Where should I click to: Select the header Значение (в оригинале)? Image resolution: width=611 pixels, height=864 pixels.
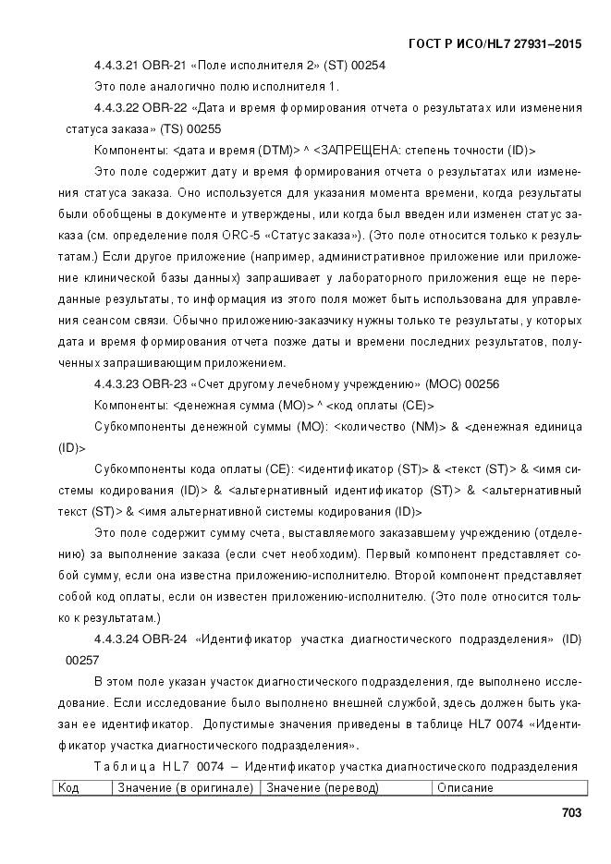pyautogui.click(x=185, y=787)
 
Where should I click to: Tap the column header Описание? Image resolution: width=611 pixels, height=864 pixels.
pyautogui.click(x=465, y=787)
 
